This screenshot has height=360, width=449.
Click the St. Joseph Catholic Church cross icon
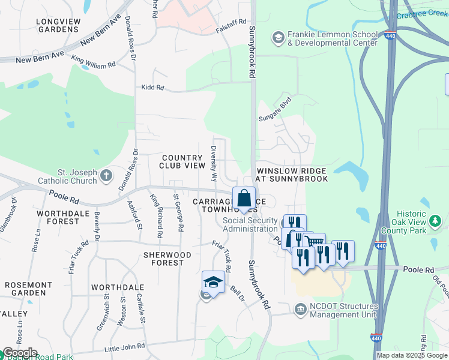[x=106, y=175]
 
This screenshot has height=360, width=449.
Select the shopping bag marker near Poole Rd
[x=244, y=197]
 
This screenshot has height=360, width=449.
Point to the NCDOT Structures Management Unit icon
[x=300, y=309]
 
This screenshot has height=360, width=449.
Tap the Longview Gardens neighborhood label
[x=58, y=25]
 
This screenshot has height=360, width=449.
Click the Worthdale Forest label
[x=58, y=217]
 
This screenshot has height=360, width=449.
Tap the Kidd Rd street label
[x=152, y=88]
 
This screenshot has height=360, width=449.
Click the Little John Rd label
[x=125, y=346]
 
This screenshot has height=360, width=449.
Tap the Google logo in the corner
[x=19, y=353]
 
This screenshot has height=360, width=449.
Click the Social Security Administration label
[x=250, y=224]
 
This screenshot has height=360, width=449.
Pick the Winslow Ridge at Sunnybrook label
[x=292, y=175]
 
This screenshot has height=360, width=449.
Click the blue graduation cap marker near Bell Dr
[x=213, y=281]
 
